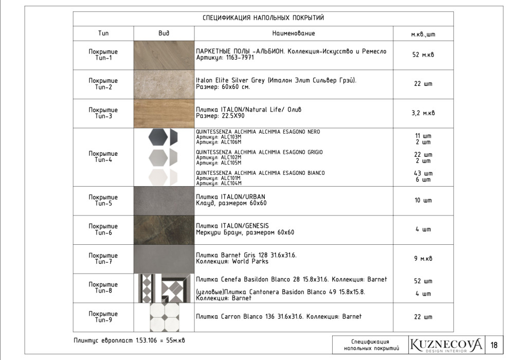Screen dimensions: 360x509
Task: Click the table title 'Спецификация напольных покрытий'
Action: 263,18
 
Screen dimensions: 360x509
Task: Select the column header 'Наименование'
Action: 294,33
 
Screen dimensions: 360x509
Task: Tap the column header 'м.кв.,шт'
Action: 423,34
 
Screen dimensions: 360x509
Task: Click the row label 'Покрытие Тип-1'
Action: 103,55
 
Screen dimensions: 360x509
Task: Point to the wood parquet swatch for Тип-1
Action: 164,55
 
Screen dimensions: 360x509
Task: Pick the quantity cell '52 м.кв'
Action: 423,55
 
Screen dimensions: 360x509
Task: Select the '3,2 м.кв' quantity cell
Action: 423,113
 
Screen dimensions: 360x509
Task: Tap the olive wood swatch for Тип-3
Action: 164,113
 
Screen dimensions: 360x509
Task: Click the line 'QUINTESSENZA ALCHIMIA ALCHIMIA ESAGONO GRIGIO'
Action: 260,152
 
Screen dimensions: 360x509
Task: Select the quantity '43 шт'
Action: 424,173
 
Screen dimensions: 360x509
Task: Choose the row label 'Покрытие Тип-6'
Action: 103,230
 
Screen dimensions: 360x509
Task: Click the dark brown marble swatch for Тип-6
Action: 164,230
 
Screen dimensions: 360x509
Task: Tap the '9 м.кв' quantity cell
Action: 423,259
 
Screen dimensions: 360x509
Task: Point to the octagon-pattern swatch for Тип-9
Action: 165,317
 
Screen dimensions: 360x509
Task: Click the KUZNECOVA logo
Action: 446,345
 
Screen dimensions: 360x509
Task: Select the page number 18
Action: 494,345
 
